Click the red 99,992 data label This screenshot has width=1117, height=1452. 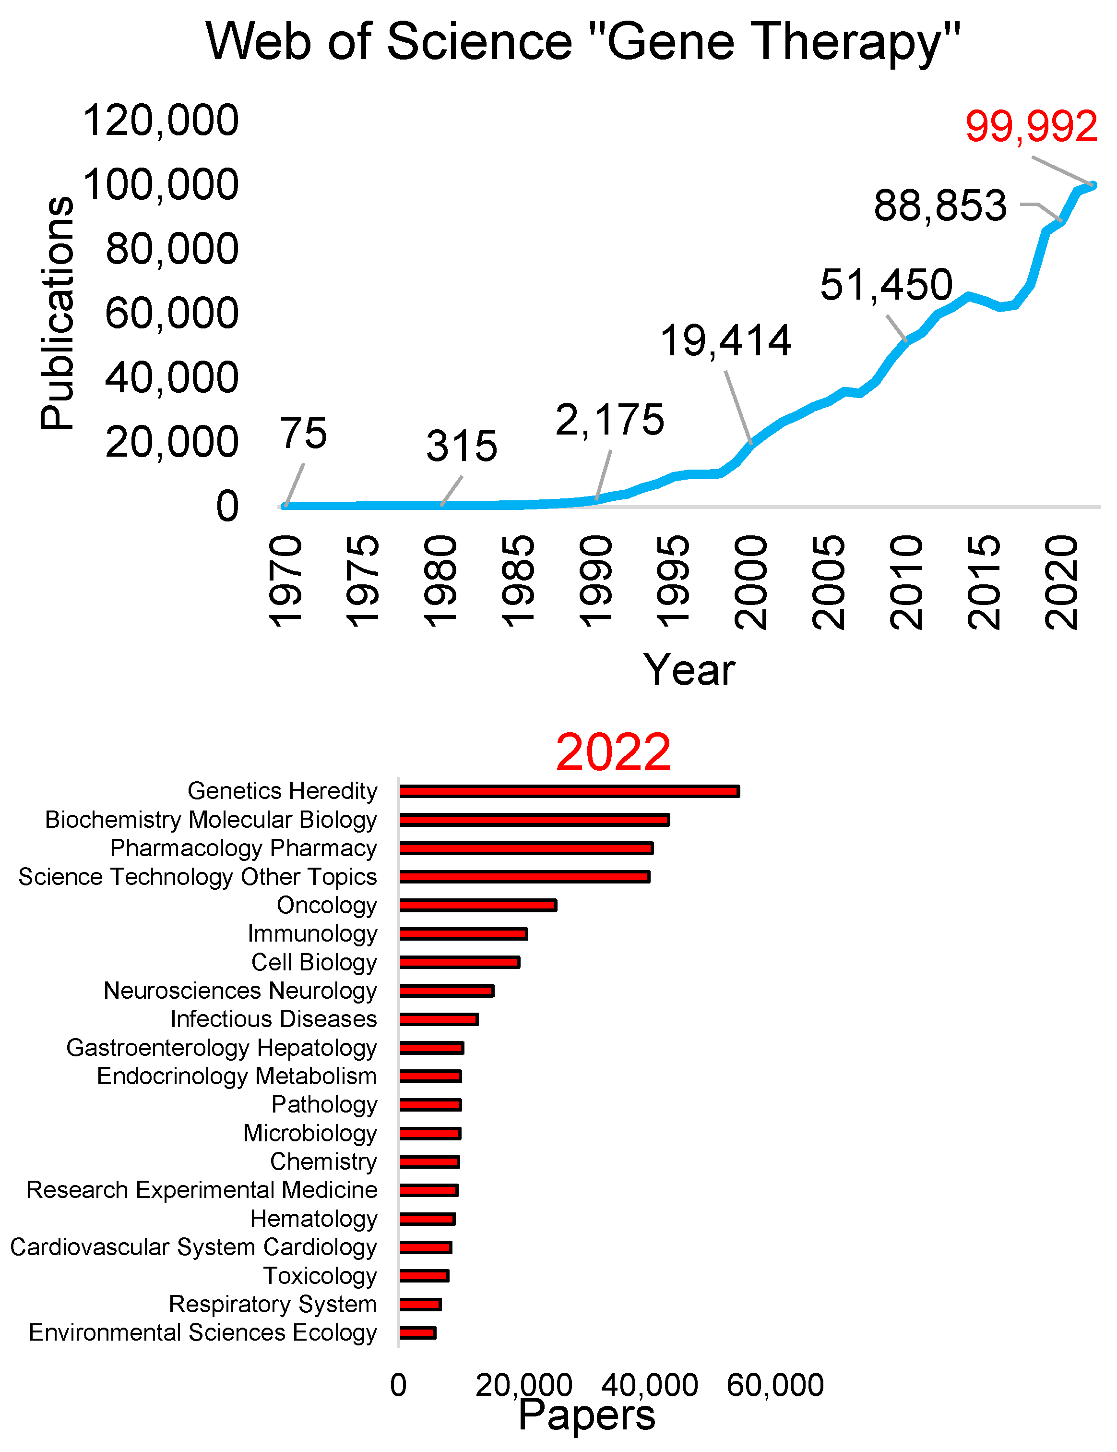(1031, 126)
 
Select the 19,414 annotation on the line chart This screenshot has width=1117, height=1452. (725, 341)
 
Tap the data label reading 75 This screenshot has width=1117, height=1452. (303, 434)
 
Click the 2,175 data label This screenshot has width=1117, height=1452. (609, 420)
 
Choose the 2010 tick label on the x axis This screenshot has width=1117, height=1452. (906, 582)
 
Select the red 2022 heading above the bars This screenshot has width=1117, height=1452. (613, 752)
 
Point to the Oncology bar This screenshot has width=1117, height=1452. (478, 905)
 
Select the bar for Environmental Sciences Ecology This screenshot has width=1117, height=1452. (417, 1333)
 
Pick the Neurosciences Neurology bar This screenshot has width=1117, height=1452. (447, 991)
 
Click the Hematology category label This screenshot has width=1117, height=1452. (314, 1219)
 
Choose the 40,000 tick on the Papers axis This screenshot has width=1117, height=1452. (649, 1385)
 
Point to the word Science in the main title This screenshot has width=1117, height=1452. (478, 41)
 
